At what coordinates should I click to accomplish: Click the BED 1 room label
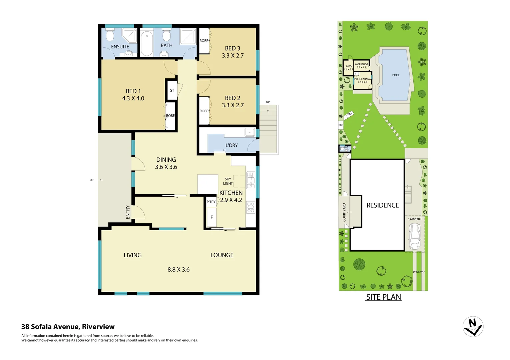(x=133, y=91)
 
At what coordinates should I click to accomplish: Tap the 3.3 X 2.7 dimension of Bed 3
(x=232, y=56)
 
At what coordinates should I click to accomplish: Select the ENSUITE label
(x=120, y=47)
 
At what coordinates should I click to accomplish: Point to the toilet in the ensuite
(x=110, y=35)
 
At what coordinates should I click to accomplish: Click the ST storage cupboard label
(x=172, y=90)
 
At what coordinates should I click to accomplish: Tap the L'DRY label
(x=231, y=145)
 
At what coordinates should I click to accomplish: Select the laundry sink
(x=249, y=132)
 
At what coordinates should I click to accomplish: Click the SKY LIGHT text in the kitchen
(x=228, y=181)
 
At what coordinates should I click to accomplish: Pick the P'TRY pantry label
(x=211, y=202)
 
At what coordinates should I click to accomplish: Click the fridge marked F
(x=211, y=217)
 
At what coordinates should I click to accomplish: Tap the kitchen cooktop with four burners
(x=250, y=207)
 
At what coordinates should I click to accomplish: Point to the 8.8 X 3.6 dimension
(x=178, y=269)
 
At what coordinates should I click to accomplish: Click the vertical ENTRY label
(x=128, y=212)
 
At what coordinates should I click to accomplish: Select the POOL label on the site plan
(x=396, y=75)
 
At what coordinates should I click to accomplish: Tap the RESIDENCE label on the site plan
(x=383, y=205)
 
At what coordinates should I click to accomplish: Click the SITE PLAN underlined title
(x=383, y=297)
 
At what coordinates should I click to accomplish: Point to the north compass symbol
(x=473, y=326)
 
